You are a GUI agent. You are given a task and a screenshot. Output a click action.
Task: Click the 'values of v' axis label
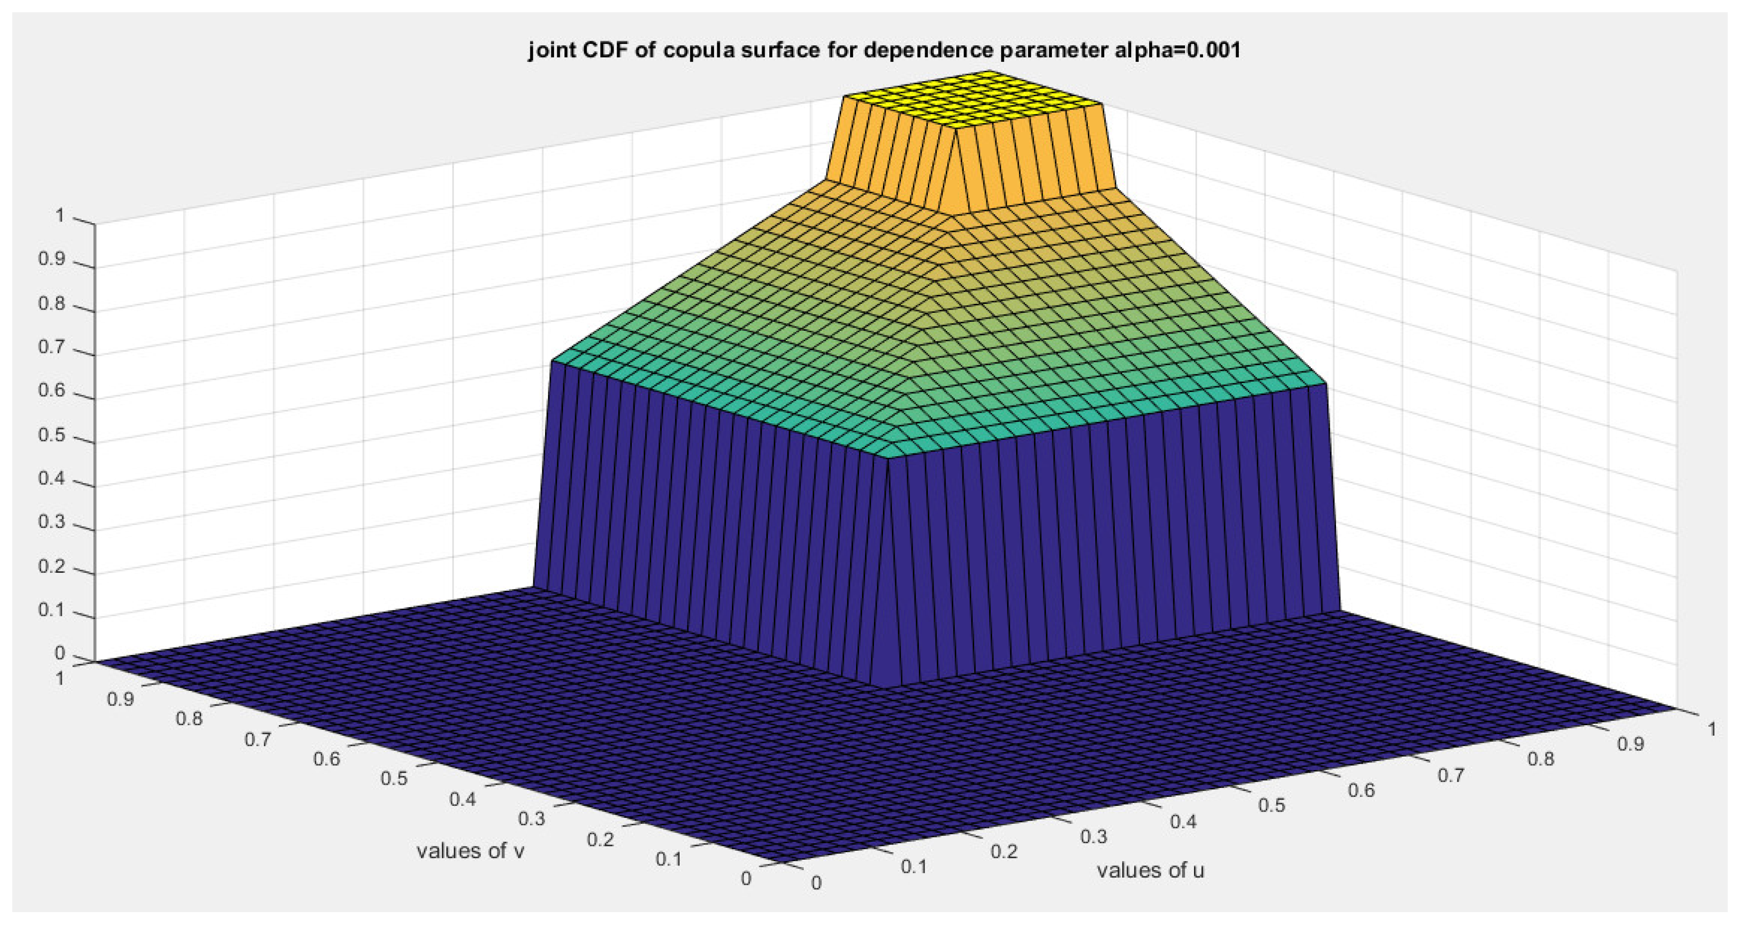pyautogui.click(x=470, y=851)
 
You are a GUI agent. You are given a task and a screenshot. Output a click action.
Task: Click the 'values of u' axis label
pyautogui.click(x=1150, y=870)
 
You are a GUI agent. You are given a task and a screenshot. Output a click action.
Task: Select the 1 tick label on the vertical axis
pyautogui.click(x=60, y=216)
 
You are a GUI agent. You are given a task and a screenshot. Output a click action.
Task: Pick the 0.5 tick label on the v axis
pyautogui.click(x=394, y=778)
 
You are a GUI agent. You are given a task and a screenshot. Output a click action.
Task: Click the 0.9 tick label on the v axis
pyautogui.click(x=121, y=699)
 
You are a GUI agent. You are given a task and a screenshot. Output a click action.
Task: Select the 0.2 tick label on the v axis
pyautogui.click(x=600, y=839)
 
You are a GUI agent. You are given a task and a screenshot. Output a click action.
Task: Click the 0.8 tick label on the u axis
pyautogui.click(x=1540, y=759)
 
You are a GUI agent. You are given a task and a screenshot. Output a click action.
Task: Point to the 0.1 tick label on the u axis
pyautogui.click(x=913, y=866)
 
